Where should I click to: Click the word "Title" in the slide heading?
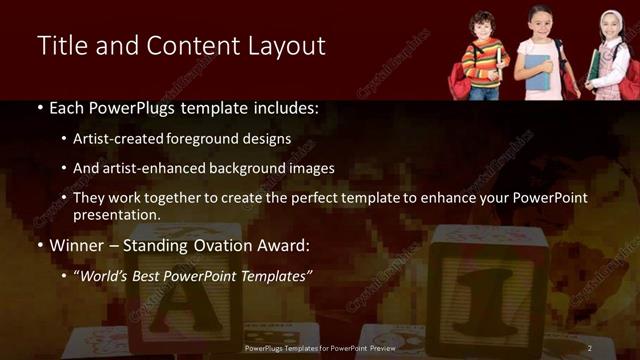pyautogui.click(x=62, y=46)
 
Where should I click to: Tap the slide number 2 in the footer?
pyautogui.click(x=589, y=348)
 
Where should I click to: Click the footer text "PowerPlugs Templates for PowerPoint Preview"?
pyautogui.click(x=321, y=348)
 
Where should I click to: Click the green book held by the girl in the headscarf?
pyautogui.click(x=595, y=64)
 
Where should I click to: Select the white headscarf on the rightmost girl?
pyautogui.click(x=611, y=25)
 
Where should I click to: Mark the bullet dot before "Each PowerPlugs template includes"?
pyautogui.click(x=39, y=108)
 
